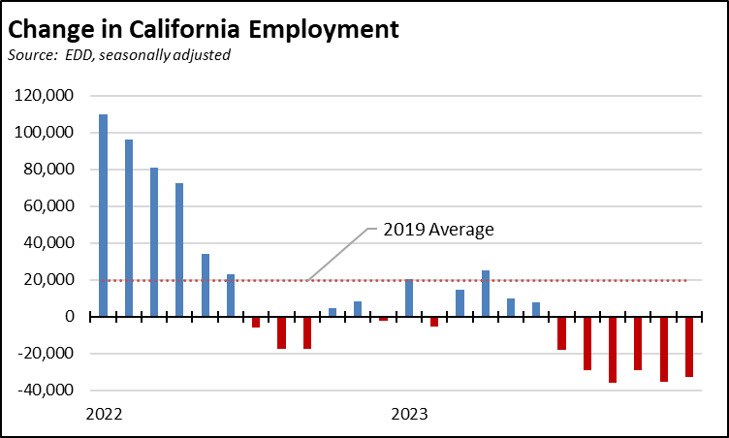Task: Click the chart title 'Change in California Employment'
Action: [204, 27]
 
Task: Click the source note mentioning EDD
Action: [119, 55]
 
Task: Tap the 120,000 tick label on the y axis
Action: [46, 96]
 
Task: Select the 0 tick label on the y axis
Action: [69, 317]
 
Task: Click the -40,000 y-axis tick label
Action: [47, 391]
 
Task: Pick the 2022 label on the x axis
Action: [104, 415]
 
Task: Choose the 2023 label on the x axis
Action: [408, 415]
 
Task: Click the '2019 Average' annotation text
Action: [437, 230]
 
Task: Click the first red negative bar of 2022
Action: [256, 322]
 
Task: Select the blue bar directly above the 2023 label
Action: [409, 297]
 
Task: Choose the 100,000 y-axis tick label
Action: [46, 133]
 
